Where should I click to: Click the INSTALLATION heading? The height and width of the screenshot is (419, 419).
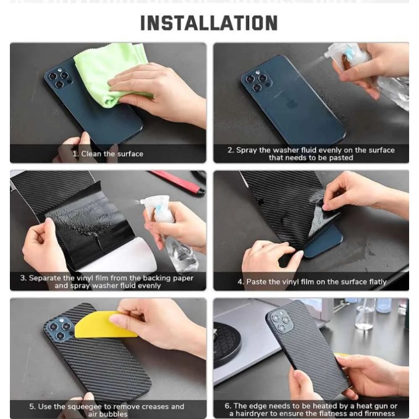[209, 23]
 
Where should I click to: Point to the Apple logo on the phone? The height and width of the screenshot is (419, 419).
[290, 104]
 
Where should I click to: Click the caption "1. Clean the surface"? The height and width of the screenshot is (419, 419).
[108, 154]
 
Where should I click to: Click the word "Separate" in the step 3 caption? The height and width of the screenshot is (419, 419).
[45, 278]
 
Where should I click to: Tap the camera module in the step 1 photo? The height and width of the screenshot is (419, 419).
[60, 78]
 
